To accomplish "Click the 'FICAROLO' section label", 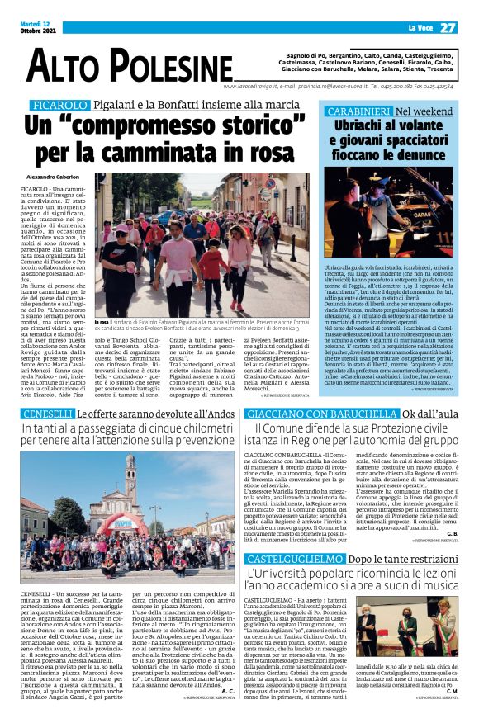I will [59, 106].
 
